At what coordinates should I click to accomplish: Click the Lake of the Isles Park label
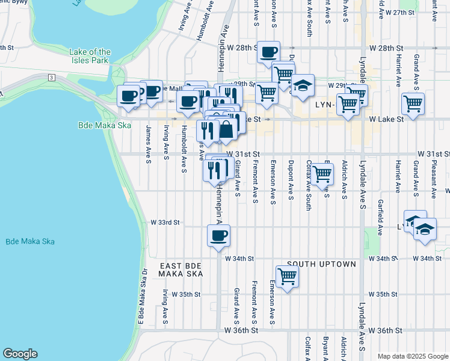(90, 56)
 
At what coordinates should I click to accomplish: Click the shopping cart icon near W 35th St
(288, 277)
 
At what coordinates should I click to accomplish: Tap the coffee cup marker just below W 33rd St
(218, 235)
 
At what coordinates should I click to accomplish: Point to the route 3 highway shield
(52, 78)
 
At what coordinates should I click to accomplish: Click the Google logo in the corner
(20, 354)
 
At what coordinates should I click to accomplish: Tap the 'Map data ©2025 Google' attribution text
(412, 356)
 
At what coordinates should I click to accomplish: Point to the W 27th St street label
(400, 12)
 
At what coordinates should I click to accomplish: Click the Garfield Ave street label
(380, 217)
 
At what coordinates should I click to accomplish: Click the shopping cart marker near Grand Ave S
(413, 103)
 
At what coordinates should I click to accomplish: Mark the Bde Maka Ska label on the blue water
(30, 241)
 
